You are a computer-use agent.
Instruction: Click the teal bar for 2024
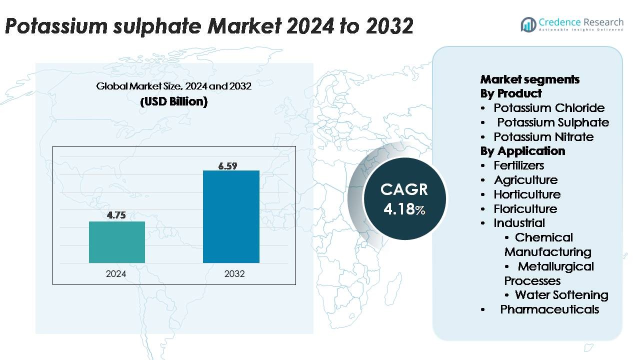(116, 242)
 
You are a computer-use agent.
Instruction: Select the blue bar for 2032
(231, 216)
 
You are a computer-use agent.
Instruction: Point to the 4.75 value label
(116, 215)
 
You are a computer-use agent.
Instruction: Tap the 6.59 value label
(227, 166)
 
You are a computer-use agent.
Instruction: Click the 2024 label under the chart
(116, 274)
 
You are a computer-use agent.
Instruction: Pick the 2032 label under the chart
(234, 274)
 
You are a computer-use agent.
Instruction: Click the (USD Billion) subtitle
(173, 101)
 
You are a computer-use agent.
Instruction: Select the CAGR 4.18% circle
(404, 199)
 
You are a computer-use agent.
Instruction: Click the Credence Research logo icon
(528, 24)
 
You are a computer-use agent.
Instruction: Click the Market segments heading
(529, 79)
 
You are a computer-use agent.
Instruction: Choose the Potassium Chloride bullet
(548, 108)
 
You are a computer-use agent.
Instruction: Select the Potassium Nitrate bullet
(543, 137)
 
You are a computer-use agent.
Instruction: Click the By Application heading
(522, 151)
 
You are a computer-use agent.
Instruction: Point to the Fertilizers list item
(518, 165)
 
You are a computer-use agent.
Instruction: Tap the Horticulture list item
(526, 194)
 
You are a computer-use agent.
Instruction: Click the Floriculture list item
(525, 209)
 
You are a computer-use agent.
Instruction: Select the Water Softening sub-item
(561, 295)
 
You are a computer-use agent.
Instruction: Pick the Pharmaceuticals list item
(549, 309)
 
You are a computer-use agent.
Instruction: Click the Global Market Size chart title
(173, 86)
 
